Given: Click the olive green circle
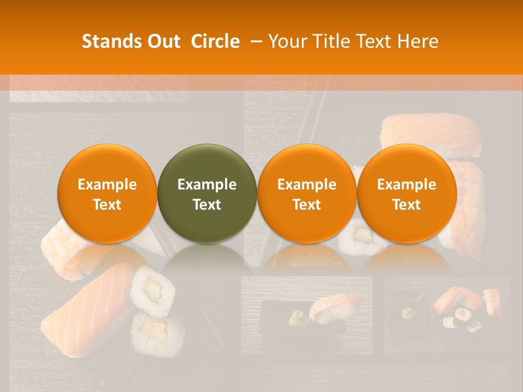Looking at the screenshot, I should click(207, 193).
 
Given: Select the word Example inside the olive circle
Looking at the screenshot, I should click(207, 185).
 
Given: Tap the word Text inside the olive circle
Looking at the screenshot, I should click(207, 205).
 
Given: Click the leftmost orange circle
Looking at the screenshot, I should click(107, 193).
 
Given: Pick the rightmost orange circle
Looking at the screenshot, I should click(406, 193).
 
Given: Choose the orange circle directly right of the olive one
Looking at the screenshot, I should click(307, 193).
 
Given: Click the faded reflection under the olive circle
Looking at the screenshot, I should click(207, 259).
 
